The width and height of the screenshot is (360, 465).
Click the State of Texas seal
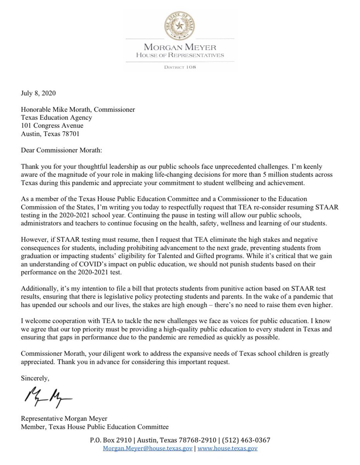coord(179,26)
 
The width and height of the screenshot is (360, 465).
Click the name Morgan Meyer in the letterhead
coord(179,48)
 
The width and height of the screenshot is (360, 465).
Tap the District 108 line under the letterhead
coord(179,67)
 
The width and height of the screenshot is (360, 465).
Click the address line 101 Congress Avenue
coord(52,126)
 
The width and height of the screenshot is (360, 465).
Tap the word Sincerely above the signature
coord(35,377)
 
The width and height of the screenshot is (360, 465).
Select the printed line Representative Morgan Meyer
coord(64,419)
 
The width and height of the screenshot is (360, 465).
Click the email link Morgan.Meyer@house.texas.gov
coord(147,449)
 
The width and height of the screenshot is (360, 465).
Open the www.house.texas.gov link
coord(227,449)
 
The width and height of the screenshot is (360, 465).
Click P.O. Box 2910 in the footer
coord(109,440)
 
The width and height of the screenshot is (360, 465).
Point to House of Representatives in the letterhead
coord(179,55)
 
